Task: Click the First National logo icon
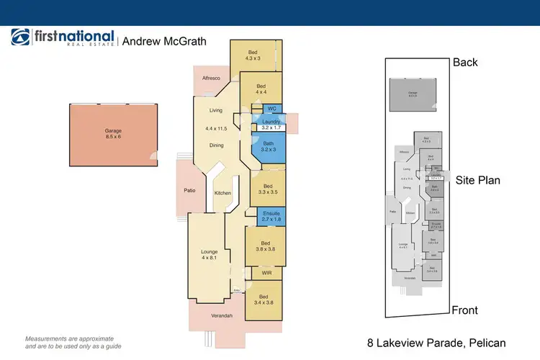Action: coord(20,38)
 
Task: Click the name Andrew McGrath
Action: coord(164,41)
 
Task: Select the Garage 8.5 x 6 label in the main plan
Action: coord(113,134)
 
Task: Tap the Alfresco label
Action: coord(210,78)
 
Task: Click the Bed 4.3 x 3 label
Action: coord(253,55)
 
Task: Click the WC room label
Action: coord(271,109)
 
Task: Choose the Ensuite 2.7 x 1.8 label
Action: coord(270,215)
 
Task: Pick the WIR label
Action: coord(266,274)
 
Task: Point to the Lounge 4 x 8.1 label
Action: coord(209,254)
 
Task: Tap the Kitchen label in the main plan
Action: coord(222,193)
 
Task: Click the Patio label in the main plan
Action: coord(189,191)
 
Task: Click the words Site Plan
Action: coord(477,180)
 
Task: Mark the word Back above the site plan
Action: coord(465,63)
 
